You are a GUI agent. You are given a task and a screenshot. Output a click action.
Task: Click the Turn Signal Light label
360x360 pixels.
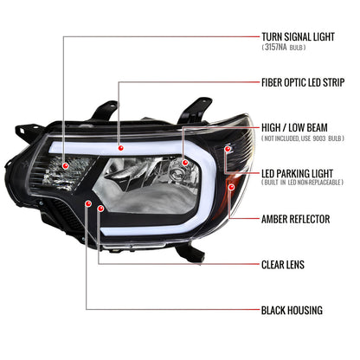pos(298,37)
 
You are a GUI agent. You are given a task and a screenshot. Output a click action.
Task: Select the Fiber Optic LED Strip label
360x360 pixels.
pos(303,82)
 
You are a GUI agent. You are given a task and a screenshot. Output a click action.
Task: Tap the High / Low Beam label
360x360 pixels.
pos(294,128)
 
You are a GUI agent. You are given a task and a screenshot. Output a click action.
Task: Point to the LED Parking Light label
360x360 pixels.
pos(297,174)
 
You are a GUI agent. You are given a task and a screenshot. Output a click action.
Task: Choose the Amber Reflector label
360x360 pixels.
pos(296,219)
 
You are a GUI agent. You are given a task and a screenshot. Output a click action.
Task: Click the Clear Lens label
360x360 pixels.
pos(283,265)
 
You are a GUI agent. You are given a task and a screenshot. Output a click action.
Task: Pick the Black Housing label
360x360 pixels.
pos(292,311)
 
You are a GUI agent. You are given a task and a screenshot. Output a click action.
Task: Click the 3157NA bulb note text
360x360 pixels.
pos(284,48)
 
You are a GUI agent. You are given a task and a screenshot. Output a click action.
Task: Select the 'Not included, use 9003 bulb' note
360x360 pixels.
pos(303,138)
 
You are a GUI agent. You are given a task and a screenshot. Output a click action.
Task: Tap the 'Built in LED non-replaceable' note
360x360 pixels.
pos(303,183)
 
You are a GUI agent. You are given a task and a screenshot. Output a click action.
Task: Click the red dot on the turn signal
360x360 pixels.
pos(66,165)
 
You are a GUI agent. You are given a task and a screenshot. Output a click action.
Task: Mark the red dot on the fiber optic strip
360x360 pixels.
pos(121,148)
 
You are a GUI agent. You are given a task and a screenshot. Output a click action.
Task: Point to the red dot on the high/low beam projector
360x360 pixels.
pos(185,163)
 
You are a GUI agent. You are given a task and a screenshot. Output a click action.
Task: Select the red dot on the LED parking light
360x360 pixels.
pos(228,149)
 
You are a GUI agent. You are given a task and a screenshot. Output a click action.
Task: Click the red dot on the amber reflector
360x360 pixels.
pos(231,187)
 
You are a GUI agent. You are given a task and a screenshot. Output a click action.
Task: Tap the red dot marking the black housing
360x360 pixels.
pos(88,203)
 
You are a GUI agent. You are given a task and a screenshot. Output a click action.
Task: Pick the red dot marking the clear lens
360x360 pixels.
pos(100,208)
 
